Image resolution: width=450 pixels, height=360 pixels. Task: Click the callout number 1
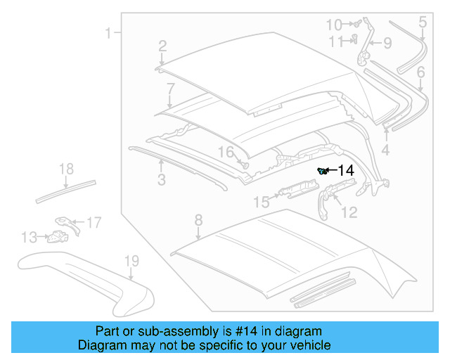(x=109, y=32)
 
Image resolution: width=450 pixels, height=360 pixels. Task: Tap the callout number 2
(x=162, y=46)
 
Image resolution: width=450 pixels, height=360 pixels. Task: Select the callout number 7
(x=170, y=89)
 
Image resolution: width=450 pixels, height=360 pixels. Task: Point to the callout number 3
(x=161, y=181)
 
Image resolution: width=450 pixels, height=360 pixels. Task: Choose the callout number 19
(x=131, y=262)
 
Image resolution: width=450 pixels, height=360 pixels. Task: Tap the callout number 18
(x=66, y=169)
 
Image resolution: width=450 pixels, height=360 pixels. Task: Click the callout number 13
(x=29, y=238)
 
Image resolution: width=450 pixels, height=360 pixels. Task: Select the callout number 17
(x=94, y=223)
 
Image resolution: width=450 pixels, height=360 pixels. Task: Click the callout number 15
(x=261, y=202)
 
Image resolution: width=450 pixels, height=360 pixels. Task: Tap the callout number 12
(x=349, y=212)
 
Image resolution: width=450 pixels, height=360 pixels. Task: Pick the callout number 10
(x=334, y=25)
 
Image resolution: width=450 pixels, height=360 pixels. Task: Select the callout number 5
(x=423, y=22)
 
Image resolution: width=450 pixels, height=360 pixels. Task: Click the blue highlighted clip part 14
(x=323, y=171)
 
